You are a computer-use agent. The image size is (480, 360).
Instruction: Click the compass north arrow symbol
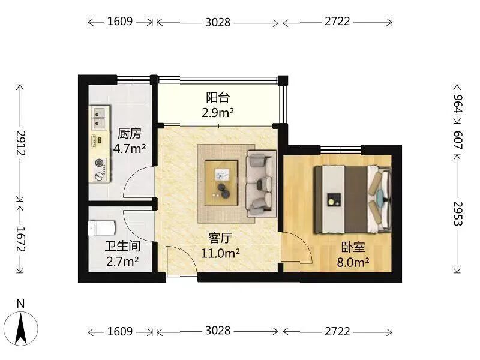pos(21,328)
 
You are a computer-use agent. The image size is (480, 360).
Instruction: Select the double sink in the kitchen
pos(100,118)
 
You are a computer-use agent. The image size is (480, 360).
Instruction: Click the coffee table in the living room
pos(221,183)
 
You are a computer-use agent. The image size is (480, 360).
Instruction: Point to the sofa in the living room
pos(262,183)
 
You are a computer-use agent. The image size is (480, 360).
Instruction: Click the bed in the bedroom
pos(353,199)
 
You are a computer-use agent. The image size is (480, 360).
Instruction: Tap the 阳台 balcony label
pos(218,98)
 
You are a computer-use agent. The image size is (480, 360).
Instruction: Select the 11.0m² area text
pos(220,253)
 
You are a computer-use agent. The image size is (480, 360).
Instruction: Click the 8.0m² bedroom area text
pos(353,262)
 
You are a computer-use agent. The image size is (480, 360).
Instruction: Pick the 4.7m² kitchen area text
pos(130,149)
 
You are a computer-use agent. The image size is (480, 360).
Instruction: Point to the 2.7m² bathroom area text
pos(122,262)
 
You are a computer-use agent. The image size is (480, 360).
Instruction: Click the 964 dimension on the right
pos(458,104)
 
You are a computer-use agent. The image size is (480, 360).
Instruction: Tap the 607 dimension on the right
pos(458,140)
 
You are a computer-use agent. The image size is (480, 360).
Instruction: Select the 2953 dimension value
pos(458,214)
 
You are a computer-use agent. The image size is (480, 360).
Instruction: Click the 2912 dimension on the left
pos(21,143)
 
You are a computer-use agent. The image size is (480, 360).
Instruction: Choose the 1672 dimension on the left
pos(21,239)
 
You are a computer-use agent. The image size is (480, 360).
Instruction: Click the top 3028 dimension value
pos(218,22)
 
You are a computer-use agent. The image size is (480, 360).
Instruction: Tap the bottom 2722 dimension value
pos(337,331)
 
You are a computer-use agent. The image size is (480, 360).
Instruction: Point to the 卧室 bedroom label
pos(353,247)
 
